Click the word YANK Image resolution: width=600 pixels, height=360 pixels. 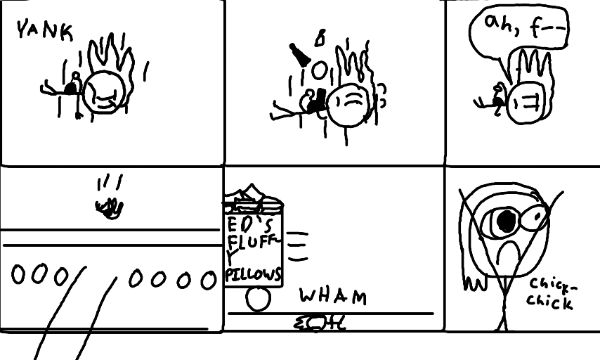44,31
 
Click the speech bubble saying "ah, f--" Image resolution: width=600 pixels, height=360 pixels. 519,32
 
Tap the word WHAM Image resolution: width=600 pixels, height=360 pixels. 333,297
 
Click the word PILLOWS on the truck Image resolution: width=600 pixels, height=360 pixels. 253,274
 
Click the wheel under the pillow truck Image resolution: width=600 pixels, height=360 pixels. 259,300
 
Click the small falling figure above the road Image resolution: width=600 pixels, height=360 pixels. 110,208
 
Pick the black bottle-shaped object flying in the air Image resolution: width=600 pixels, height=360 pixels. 300,55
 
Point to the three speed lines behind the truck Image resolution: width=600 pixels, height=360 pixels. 298,247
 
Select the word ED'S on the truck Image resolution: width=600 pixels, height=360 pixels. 252,224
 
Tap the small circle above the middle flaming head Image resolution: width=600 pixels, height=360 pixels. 319,70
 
